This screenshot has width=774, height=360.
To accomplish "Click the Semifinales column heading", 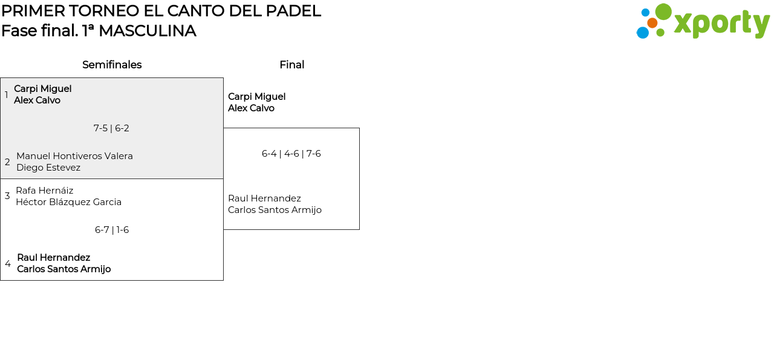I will click(x=112, y=65).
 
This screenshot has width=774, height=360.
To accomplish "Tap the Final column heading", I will click(x=291, y=65).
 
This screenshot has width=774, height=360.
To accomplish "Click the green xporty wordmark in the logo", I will click(x=721, y=24).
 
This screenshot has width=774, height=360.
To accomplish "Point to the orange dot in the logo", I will click(x=652, y=23).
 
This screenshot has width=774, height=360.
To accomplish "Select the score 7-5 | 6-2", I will click(x=111, y=128).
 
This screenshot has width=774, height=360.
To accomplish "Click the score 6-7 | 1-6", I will click(x=112, y=230).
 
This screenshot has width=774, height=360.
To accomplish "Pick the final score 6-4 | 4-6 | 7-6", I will click(x=291, y=154).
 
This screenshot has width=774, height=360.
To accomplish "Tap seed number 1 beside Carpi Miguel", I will click(x=7, y=95).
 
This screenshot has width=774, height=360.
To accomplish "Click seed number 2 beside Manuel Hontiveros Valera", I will click(x=7, y=162).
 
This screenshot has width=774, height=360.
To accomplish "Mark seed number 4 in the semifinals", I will click(x=8, y=264).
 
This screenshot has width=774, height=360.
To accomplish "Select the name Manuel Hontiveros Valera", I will click(x=74, y=156).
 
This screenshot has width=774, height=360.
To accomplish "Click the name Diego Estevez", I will click(x=48, y=168).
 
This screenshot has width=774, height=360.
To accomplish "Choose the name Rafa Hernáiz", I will click(x=44, y=191).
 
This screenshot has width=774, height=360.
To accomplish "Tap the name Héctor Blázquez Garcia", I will click(x=68, y=202).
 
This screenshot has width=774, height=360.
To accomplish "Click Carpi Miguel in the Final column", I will click(x=256, y=97).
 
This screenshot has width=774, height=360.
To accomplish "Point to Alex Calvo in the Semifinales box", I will click(x=37, y=100).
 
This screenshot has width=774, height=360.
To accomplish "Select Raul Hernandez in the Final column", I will click(x=264, y=198).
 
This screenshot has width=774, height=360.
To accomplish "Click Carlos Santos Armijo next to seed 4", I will click(x=63, y=269).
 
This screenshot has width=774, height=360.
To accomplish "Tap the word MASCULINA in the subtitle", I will click(x=147, y=31).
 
